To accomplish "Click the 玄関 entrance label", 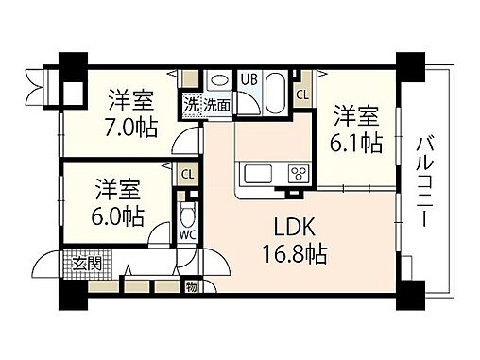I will pyautogui.click(x=76, y=262).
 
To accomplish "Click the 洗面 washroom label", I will pyautogui.click(x=218, y=106).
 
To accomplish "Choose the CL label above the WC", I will pyautogui.click(x=187, y=174).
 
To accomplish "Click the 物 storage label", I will pyautogui.click(x=192, y=286).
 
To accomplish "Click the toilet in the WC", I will pyautogui.click(x=187, y=214).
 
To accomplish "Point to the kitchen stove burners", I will pyautogui.click(x=299, y=173).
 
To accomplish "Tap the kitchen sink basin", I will pyautogui.click(x=259, y=174).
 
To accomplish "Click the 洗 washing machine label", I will pyautogui.click(x=192, y=106).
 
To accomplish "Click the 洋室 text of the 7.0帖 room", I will pyautogui.click(x=131, y=99).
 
